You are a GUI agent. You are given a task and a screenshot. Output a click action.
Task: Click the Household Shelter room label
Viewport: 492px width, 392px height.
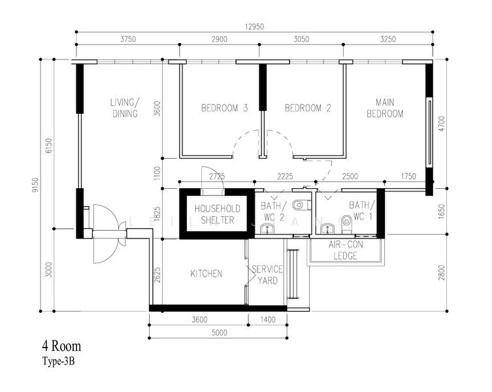point(218,214)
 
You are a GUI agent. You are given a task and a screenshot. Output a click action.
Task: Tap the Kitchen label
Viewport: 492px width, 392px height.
point(206,274)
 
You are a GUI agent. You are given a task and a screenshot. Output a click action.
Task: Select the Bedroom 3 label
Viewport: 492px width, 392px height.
point(224,108)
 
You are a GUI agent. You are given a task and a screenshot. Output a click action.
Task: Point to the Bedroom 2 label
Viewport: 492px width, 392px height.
point(308,108)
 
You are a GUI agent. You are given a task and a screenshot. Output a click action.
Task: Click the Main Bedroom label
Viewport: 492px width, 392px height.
point(385,108)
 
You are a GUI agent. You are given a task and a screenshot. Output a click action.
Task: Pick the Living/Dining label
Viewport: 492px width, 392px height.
point(125,108)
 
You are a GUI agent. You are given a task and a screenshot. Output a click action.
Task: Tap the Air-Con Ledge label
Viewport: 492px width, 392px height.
point(346,250)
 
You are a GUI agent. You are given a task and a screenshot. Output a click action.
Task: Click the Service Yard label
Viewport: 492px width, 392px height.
point(267,274)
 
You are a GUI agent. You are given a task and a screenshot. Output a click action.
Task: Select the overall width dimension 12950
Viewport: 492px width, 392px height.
point(254,27)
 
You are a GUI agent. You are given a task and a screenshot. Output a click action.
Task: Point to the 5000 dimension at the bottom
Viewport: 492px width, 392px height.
point(219,333)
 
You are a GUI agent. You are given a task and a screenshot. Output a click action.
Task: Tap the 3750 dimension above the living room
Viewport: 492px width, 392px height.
point(128,39)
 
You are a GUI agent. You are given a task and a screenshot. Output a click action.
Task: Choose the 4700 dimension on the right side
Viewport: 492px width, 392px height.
point(442,124)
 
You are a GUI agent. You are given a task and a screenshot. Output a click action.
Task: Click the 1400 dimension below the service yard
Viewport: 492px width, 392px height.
point(268,320)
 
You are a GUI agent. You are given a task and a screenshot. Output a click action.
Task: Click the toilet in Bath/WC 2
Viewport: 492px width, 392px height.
point(301,206)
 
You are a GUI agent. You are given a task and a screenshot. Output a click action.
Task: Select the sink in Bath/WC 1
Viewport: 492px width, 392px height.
point(328,229)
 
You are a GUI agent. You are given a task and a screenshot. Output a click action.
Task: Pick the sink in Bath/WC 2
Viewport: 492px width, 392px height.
point(267,229)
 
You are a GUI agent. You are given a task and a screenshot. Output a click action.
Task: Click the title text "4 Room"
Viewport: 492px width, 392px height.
point(62,346)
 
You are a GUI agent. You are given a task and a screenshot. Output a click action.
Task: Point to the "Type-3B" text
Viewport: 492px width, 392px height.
point(59,361)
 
